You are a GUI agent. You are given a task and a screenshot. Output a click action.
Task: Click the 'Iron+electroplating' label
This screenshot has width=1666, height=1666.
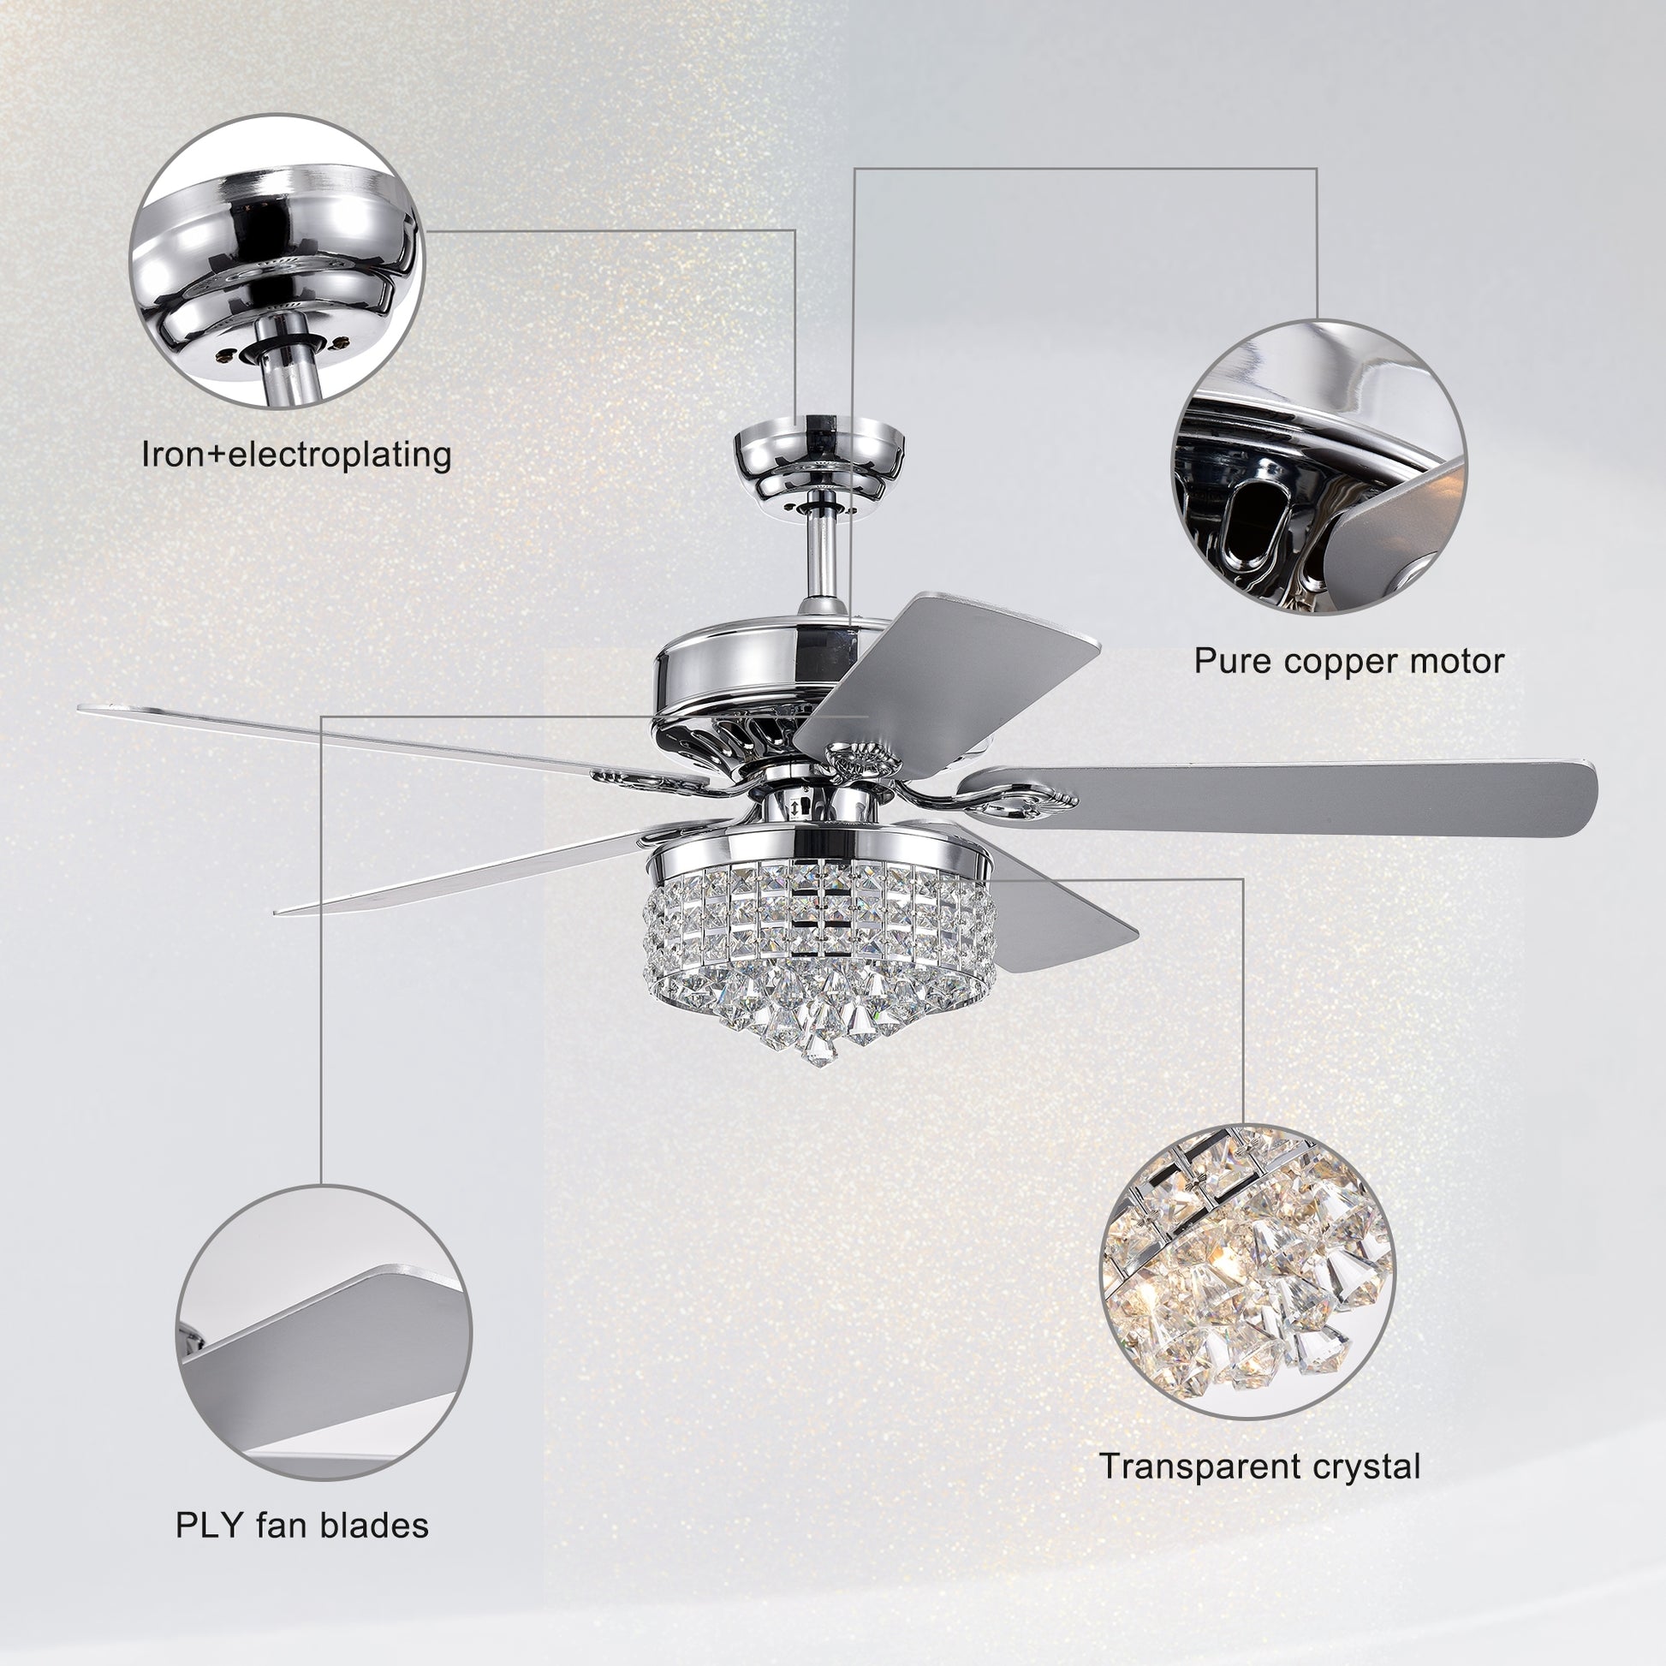point(295,454)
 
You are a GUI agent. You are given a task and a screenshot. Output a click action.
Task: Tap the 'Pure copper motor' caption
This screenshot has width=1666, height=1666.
point(1348,662)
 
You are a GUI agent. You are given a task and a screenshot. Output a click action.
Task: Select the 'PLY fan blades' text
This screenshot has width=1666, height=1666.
point(302,1526)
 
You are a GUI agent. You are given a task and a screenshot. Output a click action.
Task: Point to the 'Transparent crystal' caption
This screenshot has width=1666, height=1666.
point(1259,1466)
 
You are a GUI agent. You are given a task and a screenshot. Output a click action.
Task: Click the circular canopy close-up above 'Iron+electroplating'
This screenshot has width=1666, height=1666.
point(276,260)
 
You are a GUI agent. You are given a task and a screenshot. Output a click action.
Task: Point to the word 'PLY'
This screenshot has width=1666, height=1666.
point(210,1526)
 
